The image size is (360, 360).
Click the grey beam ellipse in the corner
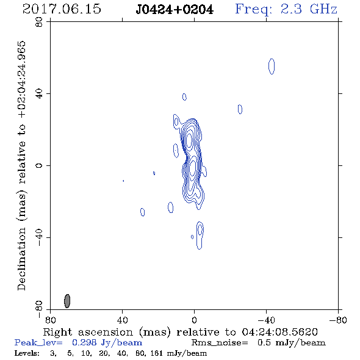point(67,301)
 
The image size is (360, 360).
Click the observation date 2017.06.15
point(62,9)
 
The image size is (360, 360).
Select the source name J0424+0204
point(175,10)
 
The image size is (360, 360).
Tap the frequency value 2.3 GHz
point(309,9)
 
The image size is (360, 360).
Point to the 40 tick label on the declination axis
point(39,94)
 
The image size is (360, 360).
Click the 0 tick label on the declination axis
point(39,165)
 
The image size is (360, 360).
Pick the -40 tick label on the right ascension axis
point(266,320)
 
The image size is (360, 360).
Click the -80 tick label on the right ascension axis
point(338,320)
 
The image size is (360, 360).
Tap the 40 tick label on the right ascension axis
point(123,320)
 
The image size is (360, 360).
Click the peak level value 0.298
point(84,342)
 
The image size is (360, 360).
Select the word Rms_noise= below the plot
point(220,343)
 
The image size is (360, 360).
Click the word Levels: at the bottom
point(27,353)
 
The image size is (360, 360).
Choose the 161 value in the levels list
point(157,353)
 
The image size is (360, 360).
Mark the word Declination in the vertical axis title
point(21,259)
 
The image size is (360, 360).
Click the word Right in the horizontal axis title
point(57,332)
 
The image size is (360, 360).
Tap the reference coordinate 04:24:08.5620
point(279,332)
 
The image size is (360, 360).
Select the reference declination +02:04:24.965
point(21,79)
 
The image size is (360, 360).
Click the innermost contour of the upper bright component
point(189,140)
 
